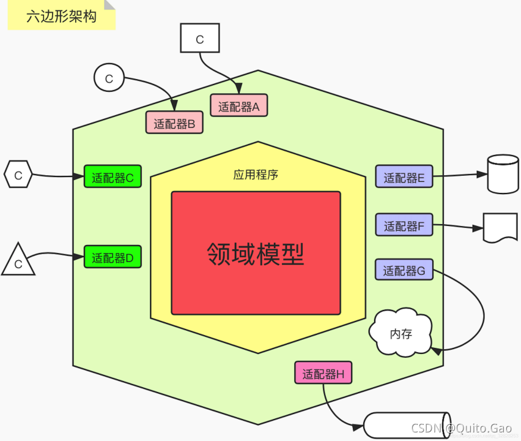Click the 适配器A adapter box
(x=239, y=106)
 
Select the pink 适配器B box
(x=174, y=123)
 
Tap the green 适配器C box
(x=113, y=177)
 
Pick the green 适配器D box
(x=113, y=257)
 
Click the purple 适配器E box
(x=404, y=178)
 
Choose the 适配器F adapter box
(x=404, y=225)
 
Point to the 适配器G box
(x=404, y=269)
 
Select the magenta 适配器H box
(x=323, y=373)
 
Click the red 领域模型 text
(x=256, y=253)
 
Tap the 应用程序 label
(x=256, y=175)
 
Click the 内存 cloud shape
(x=401, y=334)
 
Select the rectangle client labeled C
(x=199, y=39)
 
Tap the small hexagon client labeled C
(x=18, y=175)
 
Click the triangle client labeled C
(x=18, y=262)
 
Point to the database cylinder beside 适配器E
(x=503, y=174)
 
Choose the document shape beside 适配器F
(x=501, y=227)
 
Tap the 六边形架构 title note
(x=61, y=16)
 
